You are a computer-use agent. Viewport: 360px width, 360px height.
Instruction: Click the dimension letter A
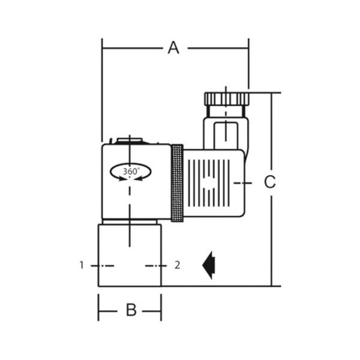(x=173, y=48)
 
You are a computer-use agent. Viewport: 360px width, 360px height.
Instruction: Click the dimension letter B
(x=131, y=310)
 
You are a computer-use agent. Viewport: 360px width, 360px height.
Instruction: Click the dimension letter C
(x=270, y=182)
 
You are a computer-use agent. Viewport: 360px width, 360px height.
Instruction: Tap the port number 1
(x=82, y=265)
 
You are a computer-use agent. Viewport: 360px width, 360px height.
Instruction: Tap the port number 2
(x=177, y=265)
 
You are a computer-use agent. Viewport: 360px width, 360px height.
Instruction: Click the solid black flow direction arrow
(x=208, y=265)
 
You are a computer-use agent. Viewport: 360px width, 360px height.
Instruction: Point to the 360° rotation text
(x=131, y=171)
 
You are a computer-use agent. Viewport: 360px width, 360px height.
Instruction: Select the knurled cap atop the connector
(x=227, y=99)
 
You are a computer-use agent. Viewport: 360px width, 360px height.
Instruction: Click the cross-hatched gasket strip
(x=177, y=183)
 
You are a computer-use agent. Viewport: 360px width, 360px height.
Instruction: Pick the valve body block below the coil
(x=130, y=256)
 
